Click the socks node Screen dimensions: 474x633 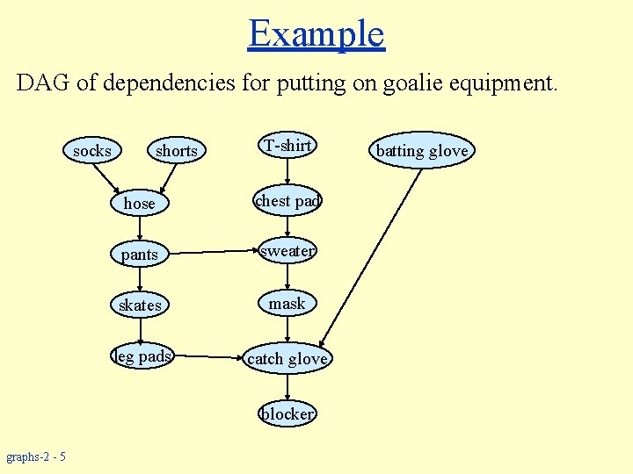tap(92, 151)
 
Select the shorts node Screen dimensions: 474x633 tap(176, 151)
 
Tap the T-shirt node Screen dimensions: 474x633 tap(287, 146)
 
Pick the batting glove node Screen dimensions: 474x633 tap(422, 151)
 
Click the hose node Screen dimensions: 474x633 tap(140, 203)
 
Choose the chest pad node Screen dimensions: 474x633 tap(287, 201)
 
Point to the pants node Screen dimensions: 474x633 tap(140, 255)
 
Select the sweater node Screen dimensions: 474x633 tap(287, 251)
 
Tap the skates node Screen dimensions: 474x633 tap(140, 305)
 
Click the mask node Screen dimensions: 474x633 tap(287, 304)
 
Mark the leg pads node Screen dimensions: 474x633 tap(142, 356)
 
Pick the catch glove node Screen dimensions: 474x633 tap(287, 358)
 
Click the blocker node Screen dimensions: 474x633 tap(287, 413)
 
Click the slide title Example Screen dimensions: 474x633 tap(316, 33)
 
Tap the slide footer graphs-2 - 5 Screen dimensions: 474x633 tap(36, 456)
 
